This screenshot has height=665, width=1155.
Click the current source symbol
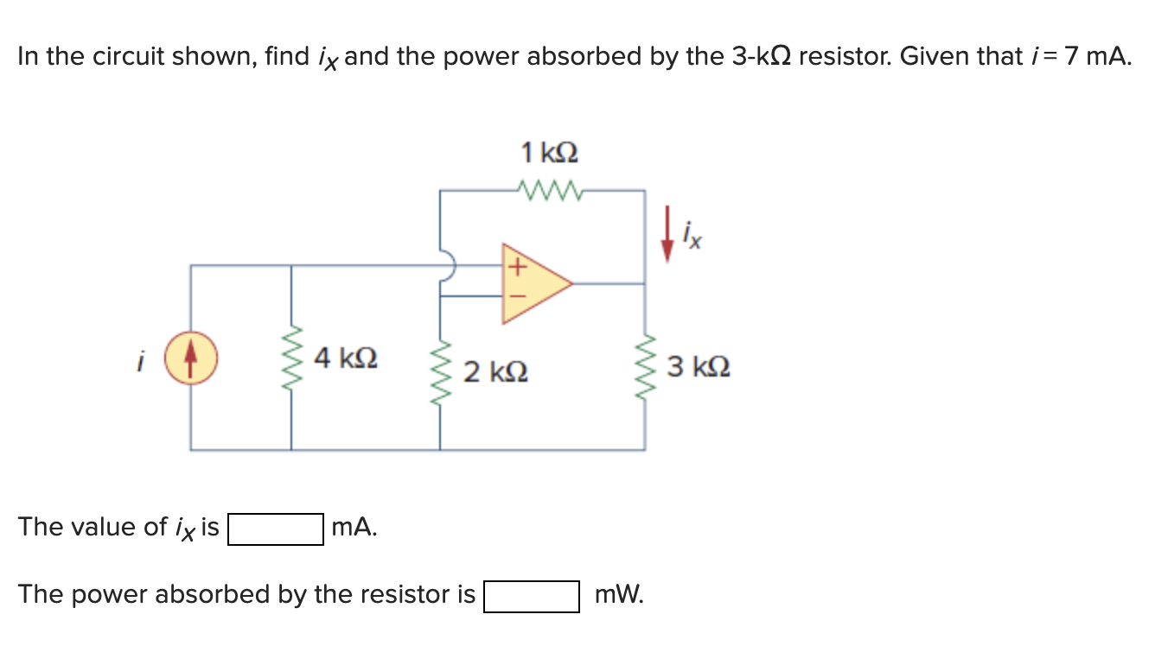(191, 358)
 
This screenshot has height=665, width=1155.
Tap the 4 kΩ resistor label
(346, 357)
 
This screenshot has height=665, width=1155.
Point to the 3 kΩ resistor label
(699, 366)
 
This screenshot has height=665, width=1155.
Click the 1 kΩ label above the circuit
(549, 153)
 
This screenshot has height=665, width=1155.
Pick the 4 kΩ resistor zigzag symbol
(290, 358)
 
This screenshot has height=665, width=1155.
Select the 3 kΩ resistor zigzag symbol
(644, 366)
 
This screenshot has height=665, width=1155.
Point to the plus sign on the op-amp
(516, 268)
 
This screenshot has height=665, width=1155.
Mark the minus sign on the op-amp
(516, 296)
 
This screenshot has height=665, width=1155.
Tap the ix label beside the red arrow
(692, 233)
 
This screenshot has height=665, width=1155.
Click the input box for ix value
(276, 529)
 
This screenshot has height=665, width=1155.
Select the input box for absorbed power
(531, 596)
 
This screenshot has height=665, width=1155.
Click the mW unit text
(618, 595)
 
